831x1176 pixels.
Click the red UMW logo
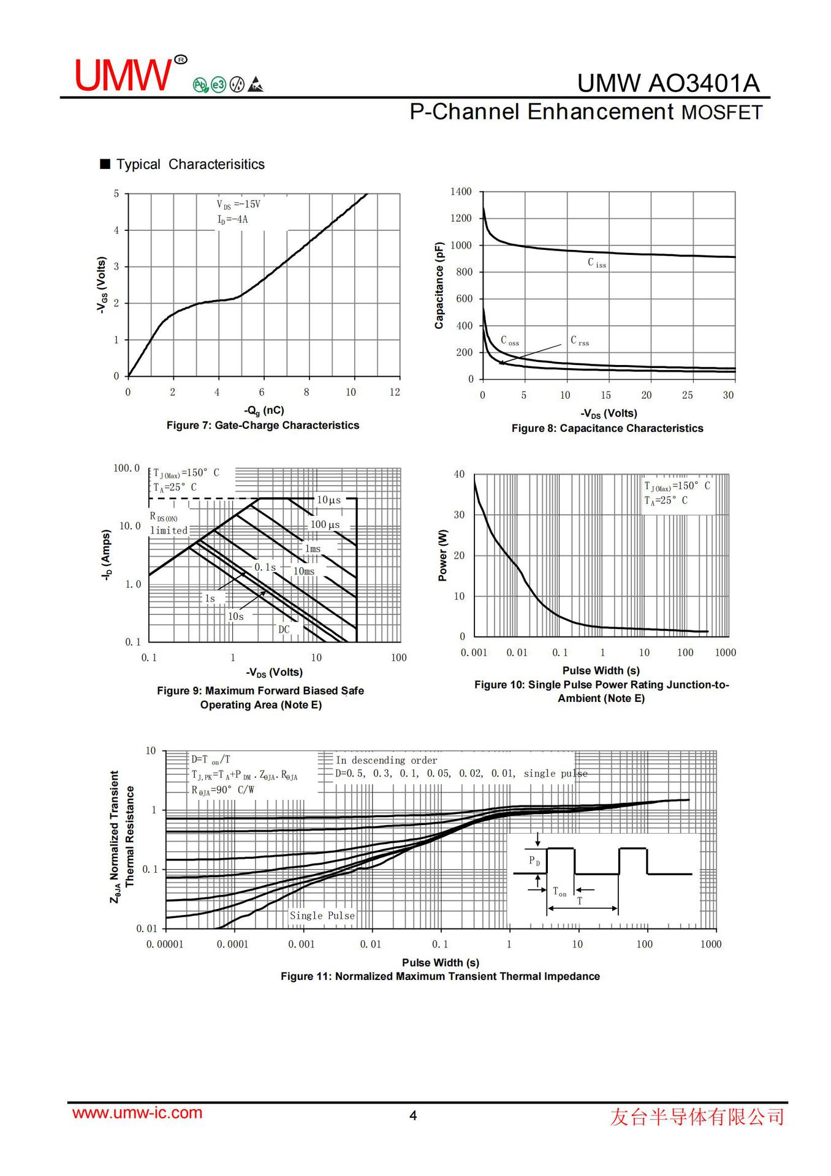coord(123,75)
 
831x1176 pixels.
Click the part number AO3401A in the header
coord(704,83)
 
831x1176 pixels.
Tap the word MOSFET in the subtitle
coord(722,113)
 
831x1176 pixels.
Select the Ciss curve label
coord(596,263)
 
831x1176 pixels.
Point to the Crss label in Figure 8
coord(579,341)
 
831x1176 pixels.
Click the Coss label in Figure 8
coord(509,341)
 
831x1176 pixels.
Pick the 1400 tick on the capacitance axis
coord(461,192)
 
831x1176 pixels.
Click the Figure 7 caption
coord(263,425)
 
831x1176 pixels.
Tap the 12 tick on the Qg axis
coord(395,392)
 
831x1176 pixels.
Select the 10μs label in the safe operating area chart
coord(328,500)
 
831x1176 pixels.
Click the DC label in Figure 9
coord(284,629)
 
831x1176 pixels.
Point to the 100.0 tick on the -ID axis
coord(126,468)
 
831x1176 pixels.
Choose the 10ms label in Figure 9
coord(303,571)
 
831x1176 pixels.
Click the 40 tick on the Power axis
coord(459,474)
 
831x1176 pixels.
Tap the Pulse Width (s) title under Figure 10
coord(601,671)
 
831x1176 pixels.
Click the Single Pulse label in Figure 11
coord(322,915)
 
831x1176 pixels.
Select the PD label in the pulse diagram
coord(534,861)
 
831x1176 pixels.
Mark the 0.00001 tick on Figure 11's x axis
coord(165,944)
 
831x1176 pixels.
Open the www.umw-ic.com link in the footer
coord(137,1113)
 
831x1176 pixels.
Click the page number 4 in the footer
coord(413,1115)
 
